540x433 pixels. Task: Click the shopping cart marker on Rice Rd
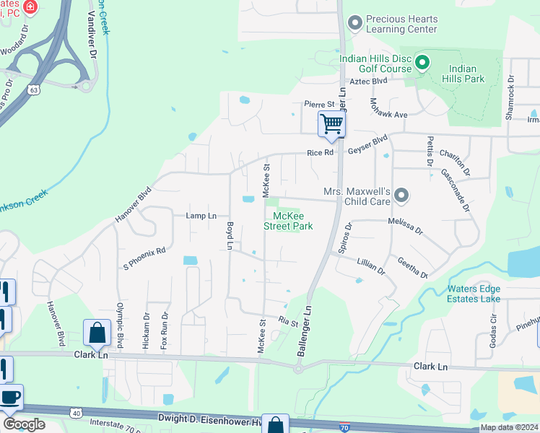331,123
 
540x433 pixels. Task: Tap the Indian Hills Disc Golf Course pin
424,64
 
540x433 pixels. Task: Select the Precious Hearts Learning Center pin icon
354,23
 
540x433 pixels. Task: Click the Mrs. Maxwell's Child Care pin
402,196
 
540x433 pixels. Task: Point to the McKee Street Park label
292,221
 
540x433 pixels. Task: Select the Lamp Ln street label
201,216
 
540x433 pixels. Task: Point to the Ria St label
288,322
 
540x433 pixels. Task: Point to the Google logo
23,424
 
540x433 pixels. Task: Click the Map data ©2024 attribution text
509,427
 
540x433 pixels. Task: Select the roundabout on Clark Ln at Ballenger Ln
297,368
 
